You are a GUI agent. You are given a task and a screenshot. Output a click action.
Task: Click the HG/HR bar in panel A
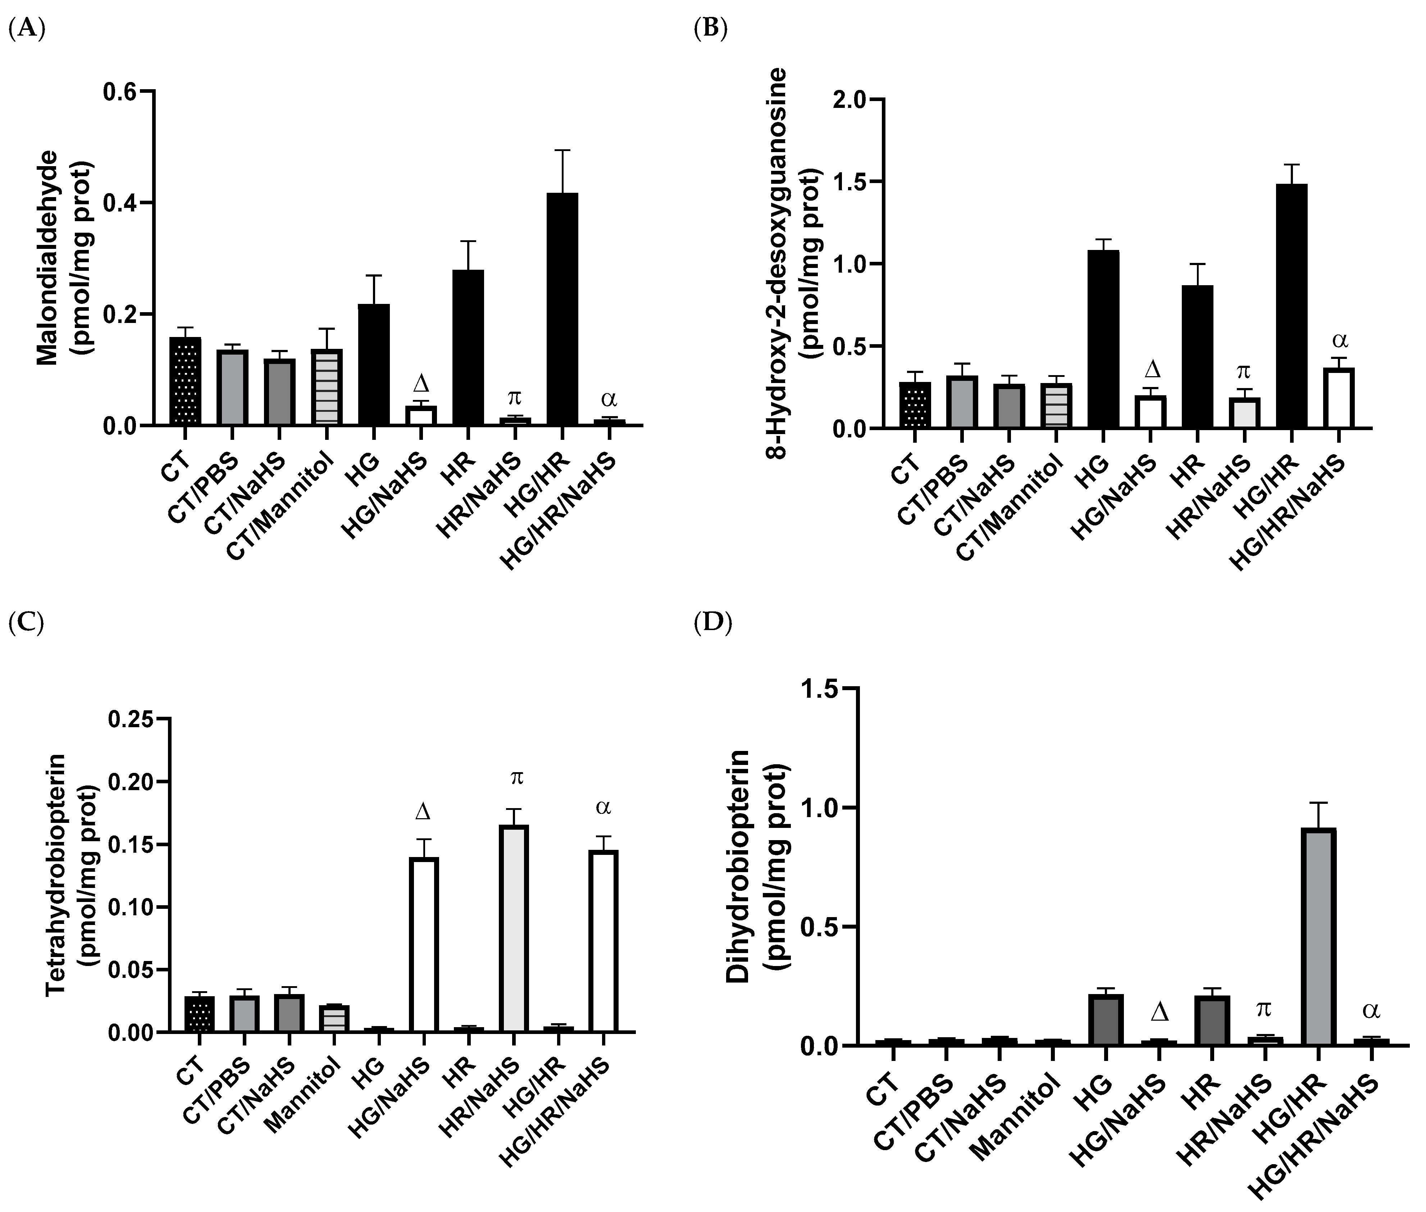coord(562,309)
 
